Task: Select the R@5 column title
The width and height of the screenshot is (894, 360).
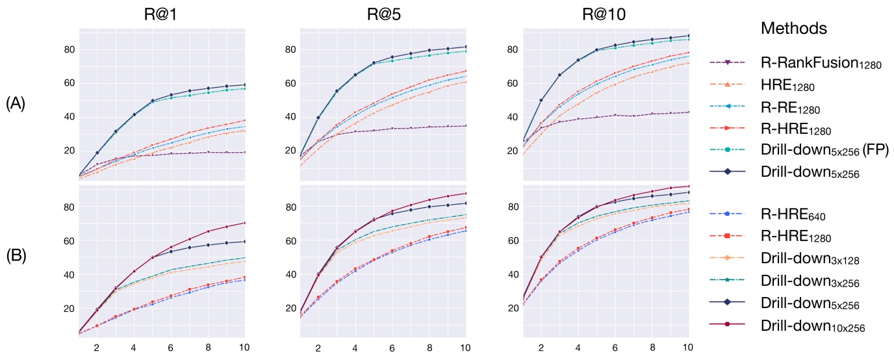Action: (384, 14)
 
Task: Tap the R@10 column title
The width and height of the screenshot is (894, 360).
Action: (606, 14)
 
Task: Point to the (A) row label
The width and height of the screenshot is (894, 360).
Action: (16, 104)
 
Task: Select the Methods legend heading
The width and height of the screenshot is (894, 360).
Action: (793, 29)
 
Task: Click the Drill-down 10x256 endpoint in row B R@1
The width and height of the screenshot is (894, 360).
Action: (244, 223)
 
